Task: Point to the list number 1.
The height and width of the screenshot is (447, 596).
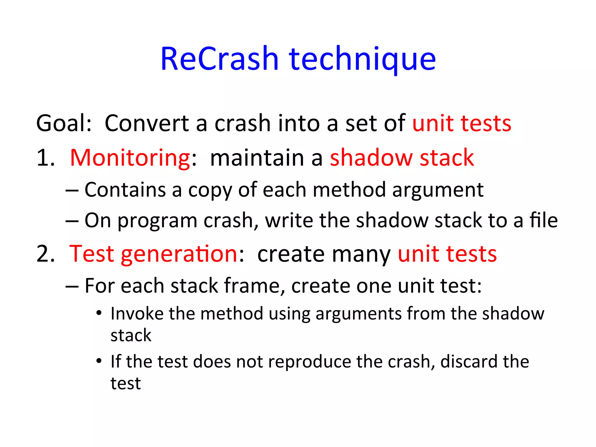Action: click(x=45, y=158)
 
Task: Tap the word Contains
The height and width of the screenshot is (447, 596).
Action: click(x=125, y=190)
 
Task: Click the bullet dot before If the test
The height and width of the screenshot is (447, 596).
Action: click(x=99, y=361)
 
